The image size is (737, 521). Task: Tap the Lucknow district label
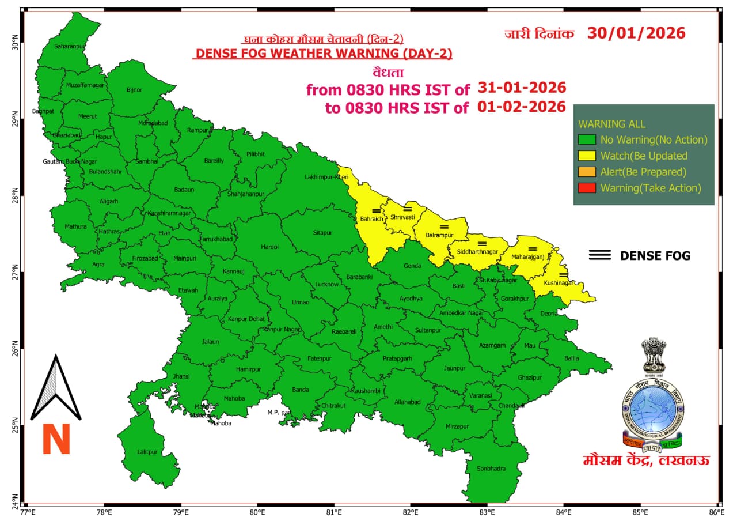(326, 285)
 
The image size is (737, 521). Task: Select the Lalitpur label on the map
(147, 452)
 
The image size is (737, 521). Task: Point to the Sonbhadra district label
(491, 469)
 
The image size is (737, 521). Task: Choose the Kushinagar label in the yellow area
(559, 283)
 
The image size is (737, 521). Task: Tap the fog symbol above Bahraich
(376, 211)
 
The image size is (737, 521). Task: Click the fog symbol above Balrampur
(443, 227)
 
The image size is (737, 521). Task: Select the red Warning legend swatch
(587, 188)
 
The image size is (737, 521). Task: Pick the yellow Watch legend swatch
(587, 156)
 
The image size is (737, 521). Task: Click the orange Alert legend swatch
(587, 172)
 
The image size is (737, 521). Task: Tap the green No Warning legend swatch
(587, 139)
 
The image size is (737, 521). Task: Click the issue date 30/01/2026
(636, 33)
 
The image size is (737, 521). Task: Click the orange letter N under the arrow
(56, 439)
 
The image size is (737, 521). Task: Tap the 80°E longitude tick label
(257, 512)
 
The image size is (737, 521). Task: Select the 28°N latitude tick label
(15, 197)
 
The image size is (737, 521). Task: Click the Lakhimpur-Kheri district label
(326, 177)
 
